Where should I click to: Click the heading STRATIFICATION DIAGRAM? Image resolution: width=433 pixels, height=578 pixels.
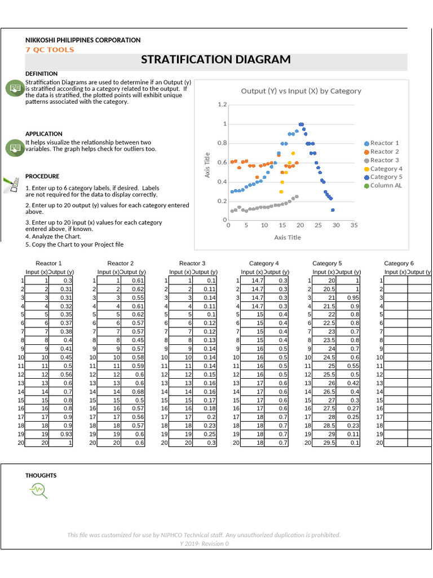click(x=216, y=60)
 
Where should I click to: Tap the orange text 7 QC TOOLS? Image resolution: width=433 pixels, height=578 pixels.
click(x=50, y=50)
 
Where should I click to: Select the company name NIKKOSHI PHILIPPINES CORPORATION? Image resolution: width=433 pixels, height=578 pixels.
click(x=83, y=40)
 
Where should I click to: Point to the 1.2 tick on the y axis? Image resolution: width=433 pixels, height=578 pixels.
click(x=222, y=105)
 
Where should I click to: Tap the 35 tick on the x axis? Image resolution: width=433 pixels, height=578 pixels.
click(x=354, y=225)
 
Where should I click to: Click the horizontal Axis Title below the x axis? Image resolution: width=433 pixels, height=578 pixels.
click(x=288, y=238)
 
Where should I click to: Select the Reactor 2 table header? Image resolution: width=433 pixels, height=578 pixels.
click(x=121, y=264)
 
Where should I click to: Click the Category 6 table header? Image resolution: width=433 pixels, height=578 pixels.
click(x=399, y=264)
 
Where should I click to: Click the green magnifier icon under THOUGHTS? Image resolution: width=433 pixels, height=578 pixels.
click(x=39, y=491)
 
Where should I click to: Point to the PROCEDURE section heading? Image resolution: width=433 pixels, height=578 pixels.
click(x=42, y=177)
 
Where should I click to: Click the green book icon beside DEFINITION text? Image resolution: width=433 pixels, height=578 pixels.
click(x=14, y=88)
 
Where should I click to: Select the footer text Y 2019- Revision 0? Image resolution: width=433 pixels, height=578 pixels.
click(x=204, y=544)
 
